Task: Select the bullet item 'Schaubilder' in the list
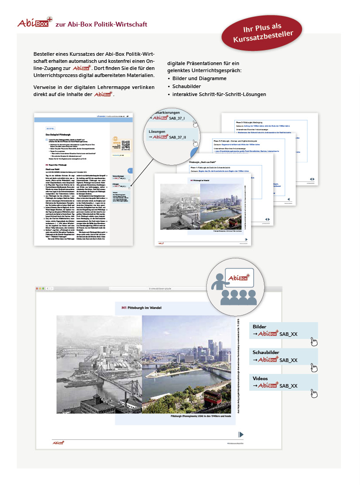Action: pyautogui.click(x=187, y=86)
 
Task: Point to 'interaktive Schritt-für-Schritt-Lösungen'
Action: pyautogui.click(x=219, y=94)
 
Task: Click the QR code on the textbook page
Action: pyautogui.click(x=126, y=145)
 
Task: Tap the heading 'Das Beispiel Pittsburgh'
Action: pyautogui.click(x=55, y=133)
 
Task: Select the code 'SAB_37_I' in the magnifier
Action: pyautogui.click(x=179, y=118)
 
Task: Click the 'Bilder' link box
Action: pyautogui.click(x=283, y=330)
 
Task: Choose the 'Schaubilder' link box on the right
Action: pyautogui.click(x=283, y=356)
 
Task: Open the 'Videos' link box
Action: pyautogui.click(x=283, y=382)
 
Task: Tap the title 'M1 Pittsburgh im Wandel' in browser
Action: pyautogui.click(x=141, y=308)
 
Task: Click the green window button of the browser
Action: pyautogui.click(x=45, y=289)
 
